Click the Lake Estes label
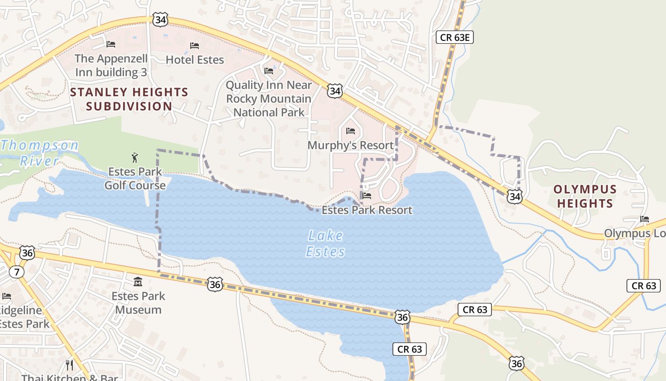(325, 243)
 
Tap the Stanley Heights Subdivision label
(129, 99)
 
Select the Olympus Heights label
(585, 196)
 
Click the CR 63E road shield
(455, 37)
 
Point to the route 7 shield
(17, 272)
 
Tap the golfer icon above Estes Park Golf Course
(135, 158)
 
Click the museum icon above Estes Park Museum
(138, 281)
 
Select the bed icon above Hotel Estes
(194, 46)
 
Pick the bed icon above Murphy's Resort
(351, 131)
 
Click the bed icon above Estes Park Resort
(366, 196)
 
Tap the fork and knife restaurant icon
(70, 365)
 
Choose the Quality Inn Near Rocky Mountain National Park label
(269, 99)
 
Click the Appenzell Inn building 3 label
(111, 65)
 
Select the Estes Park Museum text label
(138, 303)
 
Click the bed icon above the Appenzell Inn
(111, 44)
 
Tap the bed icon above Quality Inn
(269, 71)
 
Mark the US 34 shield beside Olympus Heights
(514, 196)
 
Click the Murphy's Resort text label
(351, 145)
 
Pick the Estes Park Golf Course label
(135, 178)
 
